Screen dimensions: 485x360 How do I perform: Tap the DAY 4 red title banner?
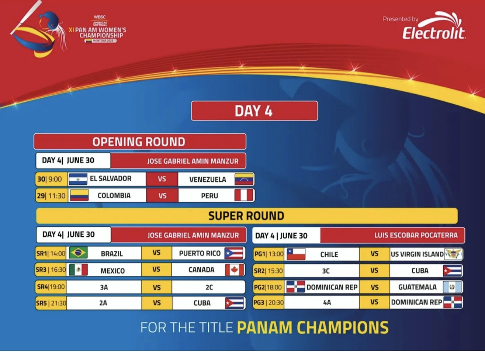point(254,111)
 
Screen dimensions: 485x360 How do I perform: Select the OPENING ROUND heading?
point(140,141)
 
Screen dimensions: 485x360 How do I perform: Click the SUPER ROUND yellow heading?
point(246,216)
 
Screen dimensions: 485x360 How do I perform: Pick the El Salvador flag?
point(78,179)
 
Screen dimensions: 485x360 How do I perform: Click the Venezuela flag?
point(244,179)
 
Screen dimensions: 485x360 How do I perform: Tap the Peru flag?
point(244,195)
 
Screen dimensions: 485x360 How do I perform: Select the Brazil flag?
point(78,253)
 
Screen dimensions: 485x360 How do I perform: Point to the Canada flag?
point(235,270)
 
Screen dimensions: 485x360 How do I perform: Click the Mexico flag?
point(78,270)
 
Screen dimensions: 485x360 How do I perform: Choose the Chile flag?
point(296,254)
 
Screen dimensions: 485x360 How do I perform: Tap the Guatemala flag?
point(452,287)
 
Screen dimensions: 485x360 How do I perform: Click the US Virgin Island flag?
point(453,254)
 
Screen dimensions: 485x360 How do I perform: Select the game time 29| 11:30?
point(51,195)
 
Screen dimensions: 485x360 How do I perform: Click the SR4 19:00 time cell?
point(51,287)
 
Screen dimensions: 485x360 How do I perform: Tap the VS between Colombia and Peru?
point(162,195)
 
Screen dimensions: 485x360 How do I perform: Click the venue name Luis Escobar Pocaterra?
point(416,235)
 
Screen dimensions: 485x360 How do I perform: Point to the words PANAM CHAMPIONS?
point(313,327)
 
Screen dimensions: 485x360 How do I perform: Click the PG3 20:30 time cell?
point(268,302)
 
